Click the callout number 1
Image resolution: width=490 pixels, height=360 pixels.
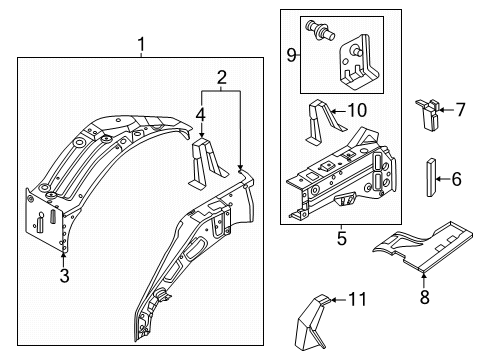[x=142, y=44]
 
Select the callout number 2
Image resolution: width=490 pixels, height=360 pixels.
[x=222, y=78]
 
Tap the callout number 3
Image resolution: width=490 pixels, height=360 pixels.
[x=64, y=276]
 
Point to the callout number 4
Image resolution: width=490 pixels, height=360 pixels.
[x=200, y=115]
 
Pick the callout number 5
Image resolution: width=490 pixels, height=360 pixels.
[x=342, y=239]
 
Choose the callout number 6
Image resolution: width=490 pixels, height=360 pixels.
[x=456, y=179]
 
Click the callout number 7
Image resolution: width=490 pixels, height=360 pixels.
[x=460, y=110]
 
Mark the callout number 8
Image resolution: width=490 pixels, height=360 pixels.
[x=424, y=297]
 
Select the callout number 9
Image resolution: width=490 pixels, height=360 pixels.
[x=292, y=55]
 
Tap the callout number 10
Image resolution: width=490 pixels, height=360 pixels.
[x=357, y=110]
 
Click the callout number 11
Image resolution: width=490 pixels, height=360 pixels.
[x=358, y=299]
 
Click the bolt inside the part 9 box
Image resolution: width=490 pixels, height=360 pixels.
[x=321, y=30]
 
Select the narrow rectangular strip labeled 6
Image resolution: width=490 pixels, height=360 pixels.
[x=431, y=178]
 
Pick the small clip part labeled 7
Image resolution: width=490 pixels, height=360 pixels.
[x=428, y=114]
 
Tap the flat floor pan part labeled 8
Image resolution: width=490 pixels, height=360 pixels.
[x=423, y=245]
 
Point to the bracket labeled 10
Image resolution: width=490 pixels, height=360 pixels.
[x=323, y=122]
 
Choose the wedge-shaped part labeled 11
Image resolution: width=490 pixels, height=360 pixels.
[x=312, y=322]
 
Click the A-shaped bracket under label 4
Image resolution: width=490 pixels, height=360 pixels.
[x=208, y=164]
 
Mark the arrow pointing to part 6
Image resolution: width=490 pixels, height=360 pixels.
[x=443, y=179]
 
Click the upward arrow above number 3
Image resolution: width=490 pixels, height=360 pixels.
[x=63, y=260]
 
